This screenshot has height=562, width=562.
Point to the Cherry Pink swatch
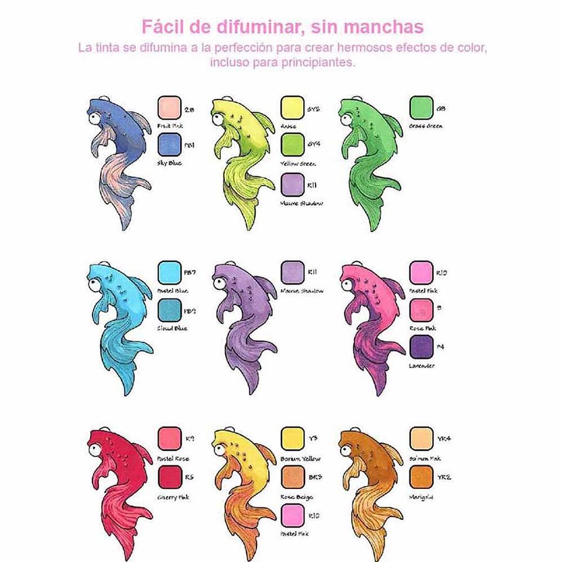click(169, 477)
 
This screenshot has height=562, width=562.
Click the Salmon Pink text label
click(424, 458)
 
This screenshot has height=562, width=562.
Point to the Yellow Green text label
click(299, 164)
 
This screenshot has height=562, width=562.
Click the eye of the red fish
click(94, 450)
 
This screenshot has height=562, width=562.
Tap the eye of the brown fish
click(345, 450)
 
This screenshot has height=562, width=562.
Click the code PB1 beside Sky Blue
click(190, 142)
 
